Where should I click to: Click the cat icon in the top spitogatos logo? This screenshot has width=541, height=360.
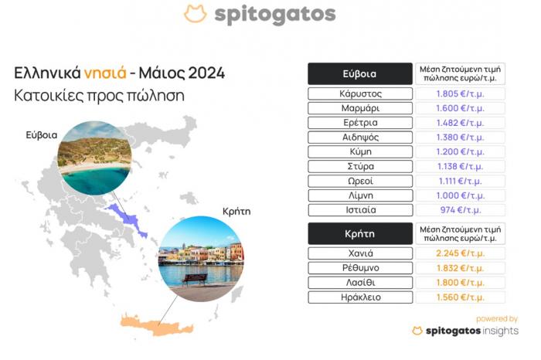(x=196, y=14)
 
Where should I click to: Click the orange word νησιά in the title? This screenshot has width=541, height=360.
(x=105, y=73)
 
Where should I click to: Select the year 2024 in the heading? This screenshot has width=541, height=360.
(x=206, y=73)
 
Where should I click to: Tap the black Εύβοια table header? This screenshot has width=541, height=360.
(x=360, y=74)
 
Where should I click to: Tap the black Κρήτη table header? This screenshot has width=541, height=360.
(x=360, y=234)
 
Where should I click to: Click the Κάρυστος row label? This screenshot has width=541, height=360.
(x=360, y=93)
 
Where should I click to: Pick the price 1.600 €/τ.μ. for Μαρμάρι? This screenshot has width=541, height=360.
(x=461, y=108)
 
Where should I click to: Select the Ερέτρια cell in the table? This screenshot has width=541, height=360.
(x=360, y=123)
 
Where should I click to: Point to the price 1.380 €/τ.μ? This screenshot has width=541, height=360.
(x=461, y=138)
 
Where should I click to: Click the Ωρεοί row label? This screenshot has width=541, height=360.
(x=360, y=181)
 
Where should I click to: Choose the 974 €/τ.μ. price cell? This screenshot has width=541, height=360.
(x=461, y=210)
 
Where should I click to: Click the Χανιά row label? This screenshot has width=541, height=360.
(x=360, y=253)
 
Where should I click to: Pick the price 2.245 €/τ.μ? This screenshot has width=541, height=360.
(x=461, y=253)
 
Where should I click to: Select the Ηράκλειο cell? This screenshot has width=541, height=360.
(x=360, y=297)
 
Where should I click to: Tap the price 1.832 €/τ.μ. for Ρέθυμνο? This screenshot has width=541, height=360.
(x=461, y=268)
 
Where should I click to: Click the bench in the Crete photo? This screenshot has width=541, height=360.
(x=194, y=280)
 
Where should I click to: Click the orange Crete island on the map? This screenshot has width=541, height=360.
(x=157, y=326)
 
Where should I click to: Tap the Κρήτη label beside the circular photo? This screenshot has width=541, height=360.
(x=236, y=211)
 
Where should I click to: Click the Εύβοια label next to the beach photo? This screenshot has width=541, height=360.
(x=42, y=135)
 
